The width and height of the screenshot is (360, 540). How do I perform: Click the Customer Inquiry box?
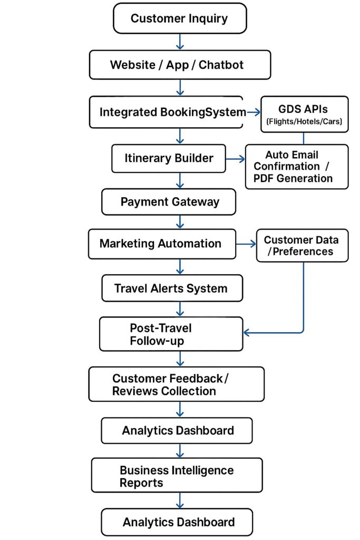click(179, 18)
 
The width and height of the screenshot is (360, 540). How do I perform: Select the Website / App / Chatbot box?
click(180, 65)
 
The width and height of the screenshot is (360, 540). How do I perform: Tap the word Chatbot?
click(221, 65)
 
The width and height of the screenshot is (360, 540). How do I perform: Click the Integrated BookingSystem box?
click(166, 112)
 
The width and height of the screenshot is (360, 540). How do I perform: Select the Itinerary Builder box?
click(169, 158)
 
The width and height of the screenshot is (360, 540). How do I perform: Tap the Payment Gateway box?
click(169, 202)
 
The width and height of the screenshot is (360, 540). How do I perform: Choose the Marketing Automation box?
click(162, 244)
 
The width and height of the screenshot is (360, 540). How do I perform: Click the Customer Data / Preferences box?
click(302, 245)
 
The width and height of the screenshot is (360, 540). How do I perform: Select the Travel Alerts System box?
click(172, 288)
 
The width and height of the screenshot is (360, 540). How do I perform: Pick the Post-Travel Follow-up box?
click(171, 334)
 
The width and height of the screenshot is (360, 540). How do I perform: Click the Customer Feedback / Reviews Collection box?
click(176, 384)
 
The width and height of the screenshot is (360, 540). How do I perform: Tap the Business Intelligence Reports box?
click(177, 476)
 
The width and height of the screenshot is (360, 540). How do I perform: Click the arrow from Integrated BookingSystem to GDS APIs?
click(252, 112)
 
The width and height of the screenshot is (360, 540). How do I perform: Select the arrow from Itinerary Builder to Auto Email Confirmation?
click(235, 158)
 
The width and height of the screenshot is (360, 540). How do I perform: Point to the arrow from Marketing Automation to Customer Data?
click(246, 244)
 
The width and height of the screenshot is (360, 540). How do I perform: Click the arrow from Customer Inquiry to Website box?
click(180, 41)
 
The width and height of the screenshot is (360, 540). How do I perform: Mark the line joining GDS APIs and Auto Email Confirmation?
click(304, 138)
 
